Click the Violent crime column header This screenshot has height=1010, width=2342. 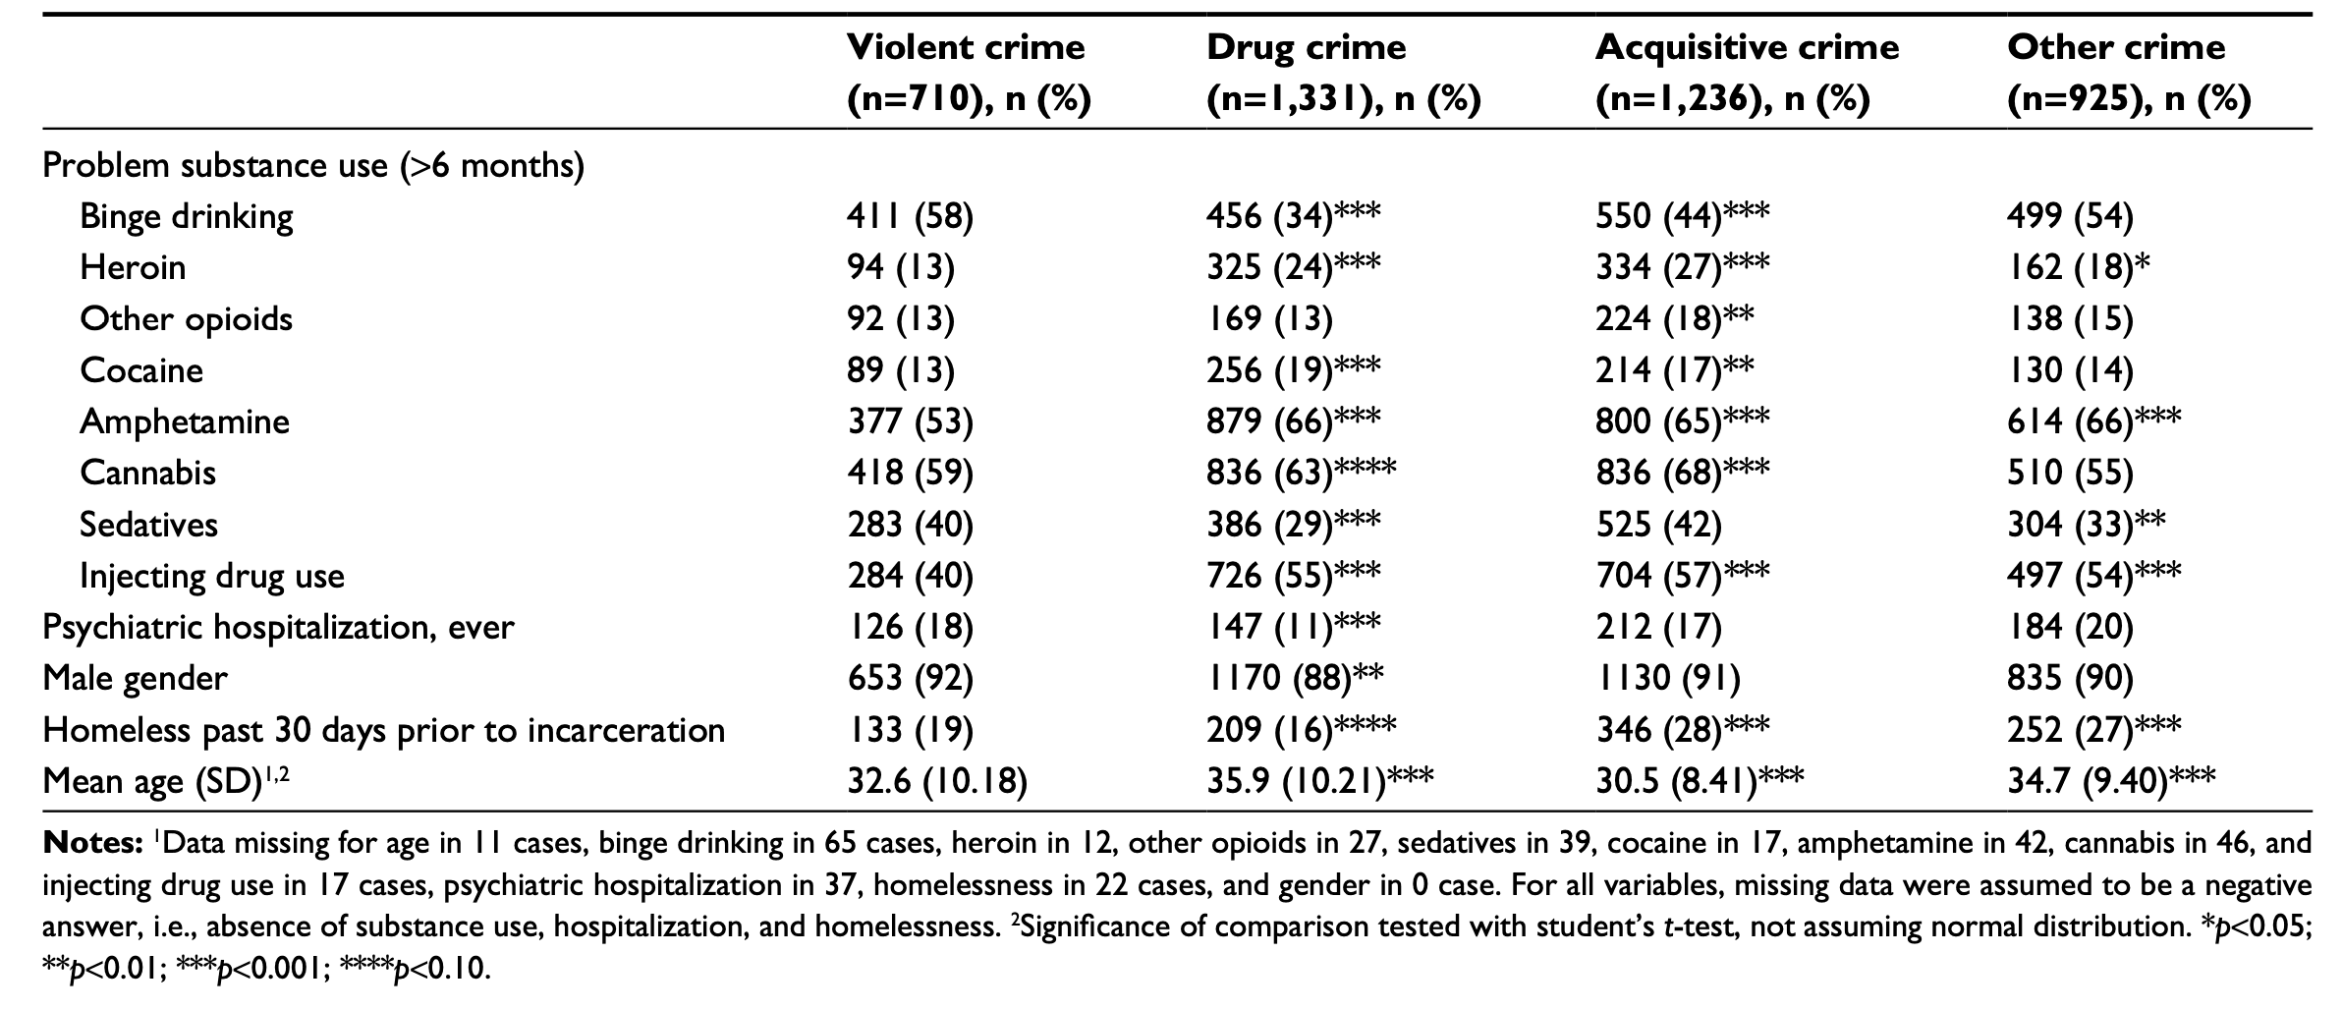pos(967,73)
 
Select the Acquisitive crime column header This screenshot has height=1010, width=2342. pos(1747,73)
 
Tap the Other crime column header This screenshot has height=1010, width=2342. pos(2128,73)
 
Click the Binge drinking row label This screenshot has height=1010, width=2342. pos(187,216)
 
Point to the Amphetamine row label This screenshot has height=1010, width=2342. pos(185,421)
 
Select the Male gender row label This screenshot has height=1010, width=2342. pos(135,679)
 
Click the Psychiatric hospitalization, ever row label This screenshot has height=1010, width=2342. pos(278,627)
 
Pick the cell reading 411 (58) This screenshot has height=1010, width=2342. pos(910,216)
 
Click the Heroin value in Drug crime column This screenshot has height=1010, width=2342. pos(1293,267)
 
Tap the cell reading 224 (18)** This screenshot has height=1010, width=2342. pos(1674,319)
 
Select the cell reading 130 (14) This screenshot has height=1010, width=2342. pos(2069,370)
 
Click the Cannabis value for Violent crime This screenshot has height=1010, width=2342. pos(910,474)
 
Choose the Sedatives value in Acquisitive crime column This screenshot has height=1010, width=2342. pos(1658,525)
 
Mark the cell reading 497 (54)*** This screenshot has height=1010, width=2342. pos(2093,576)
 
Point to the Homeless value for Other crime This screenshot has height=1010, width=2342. pos(2093,730)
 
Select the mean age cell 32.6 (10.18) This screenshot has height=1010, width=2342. pos(936,782)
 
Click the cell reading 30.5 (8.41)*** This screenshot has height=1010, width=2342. pos(1699,782)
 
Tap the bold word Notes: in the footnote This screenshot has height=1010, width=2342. pos(93,843)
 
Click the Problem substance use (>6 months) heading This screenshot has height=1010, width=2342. pos(313,165)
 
